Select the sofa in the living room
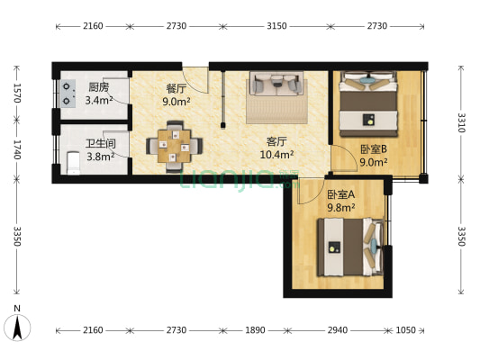click(276, 85)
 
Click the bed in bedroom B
click(369, 105)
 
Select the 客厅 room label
click(276, 141)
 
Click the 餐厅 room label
click(176, 88)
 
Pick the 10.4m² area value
click(276, 155)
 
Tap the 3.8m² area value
click(99, 157)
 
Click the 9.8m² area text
click(340, 207)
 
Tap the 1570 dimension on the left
click(17, 94)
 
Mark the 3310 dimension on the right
click(460, 122)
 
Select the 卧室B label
click(373, 149)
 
